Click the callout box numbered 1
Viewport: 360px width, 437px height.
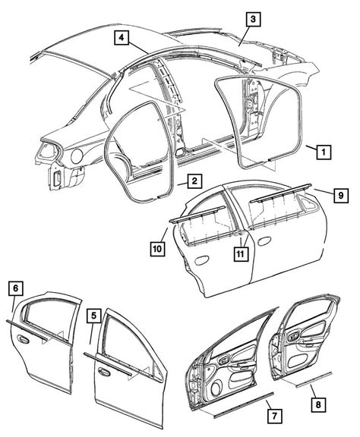(323, 152)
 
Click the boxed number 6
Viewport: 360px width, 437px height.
(14, 288)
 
